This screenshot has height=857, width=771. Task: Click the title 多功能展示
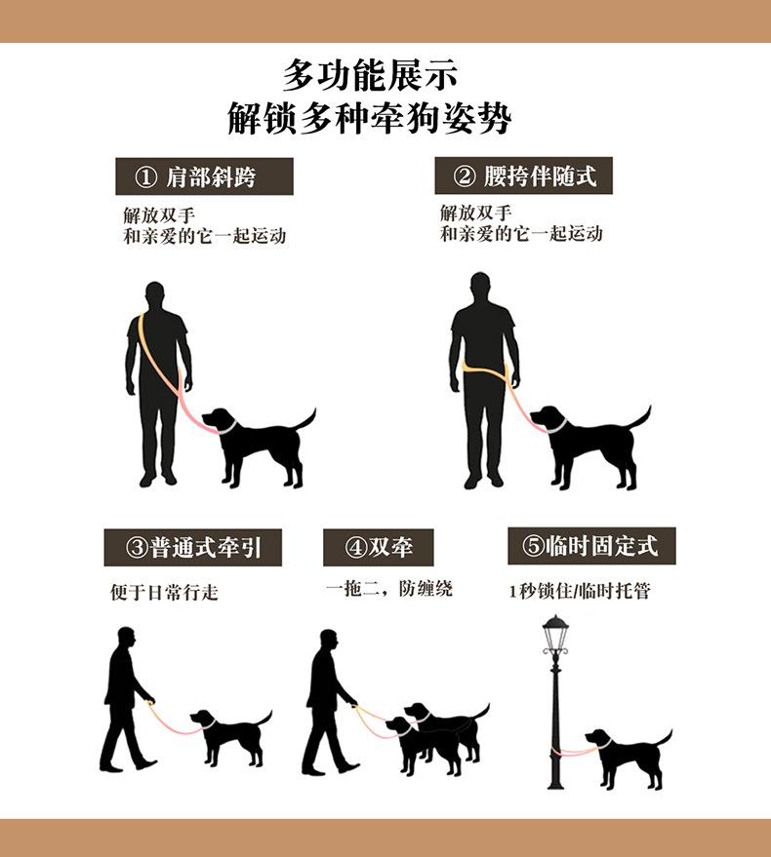click(x=370, y=75)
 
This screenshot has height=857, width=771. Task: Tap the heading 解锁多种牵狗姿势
click(x=370, y=118)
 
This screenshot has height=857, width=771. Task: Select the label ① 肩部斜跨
click(x=204, y=176)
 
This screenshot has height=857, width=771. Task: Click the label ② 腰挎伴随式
click(x=524, y=175)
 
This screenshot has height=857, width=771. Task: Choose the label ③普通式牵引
click(x=192, y=547)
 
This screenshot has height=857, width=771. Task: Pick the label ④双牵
click(x=378, y=547)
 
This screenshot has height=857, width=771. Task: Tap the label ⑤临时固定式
click(x=591, y=546)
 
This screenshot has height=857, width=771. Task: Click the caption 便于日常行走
click(x=164, y=592)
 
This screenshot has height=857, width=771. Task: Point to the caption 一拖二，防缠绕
click(x=389, y=589)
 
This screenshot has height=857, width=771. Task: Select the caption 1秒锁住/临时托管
click(x=580, y=591)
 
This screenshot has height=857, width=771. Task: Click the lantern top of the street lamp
click(x=555, y=631)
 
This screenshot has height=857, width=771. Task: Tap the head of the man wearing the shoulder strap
click(x=155, y=295)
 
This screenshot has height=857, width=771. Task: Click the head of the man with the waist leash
click(x=480, y=286)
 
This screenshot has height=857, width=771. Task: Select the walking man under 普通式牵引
click(x=127, y=699)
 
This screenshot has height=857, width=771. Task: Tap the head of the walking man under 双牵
click(x=328, y=640)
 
